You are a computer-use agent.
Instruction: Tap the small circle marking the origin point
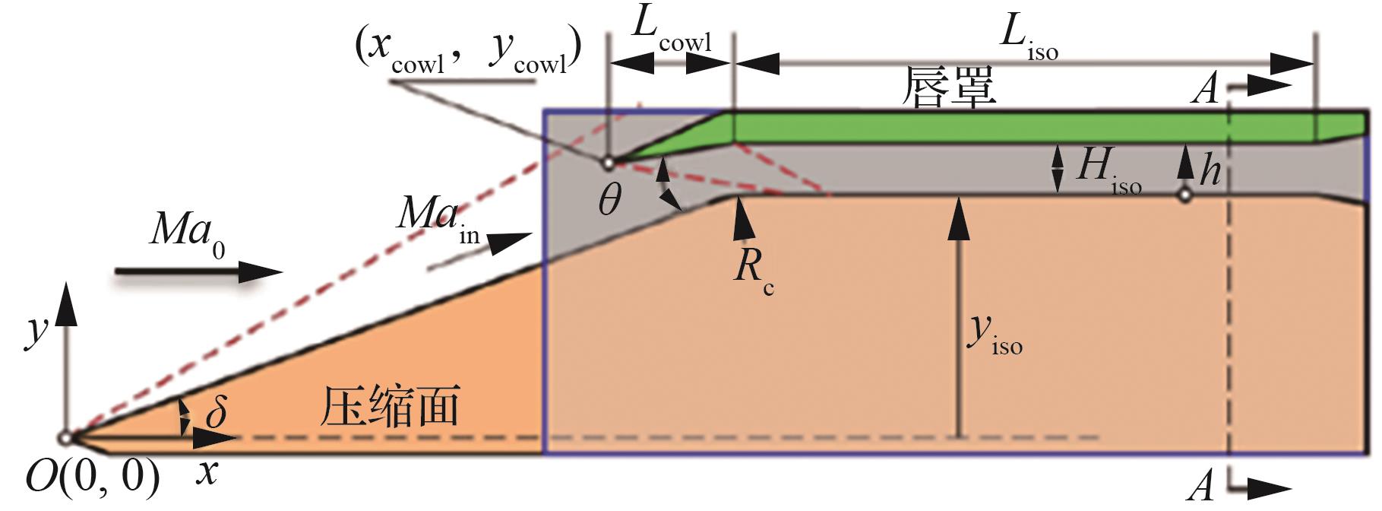[66, 438]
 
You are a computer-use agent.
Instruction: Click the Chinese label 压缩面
[390, 407]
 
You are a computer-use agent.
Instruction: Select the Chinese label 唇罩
[948, 87]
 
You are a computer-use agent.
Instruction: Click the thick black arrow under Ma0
[198, 272]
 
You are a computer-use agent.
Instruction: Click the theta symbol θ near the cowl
[609, 200]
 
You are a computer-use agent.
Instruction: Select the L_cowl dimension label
[672, 36]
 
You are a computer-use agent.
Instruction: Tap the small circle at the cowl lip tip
[607, 162]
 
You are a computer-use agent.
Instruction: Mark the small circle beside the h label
[1184, 195]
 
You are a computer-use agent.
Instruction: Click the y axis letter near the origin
[35, 332]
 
